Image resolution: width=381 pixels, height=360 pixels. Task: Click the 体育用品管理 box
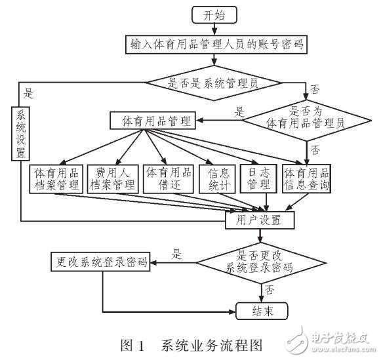(x=156, y=121)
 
